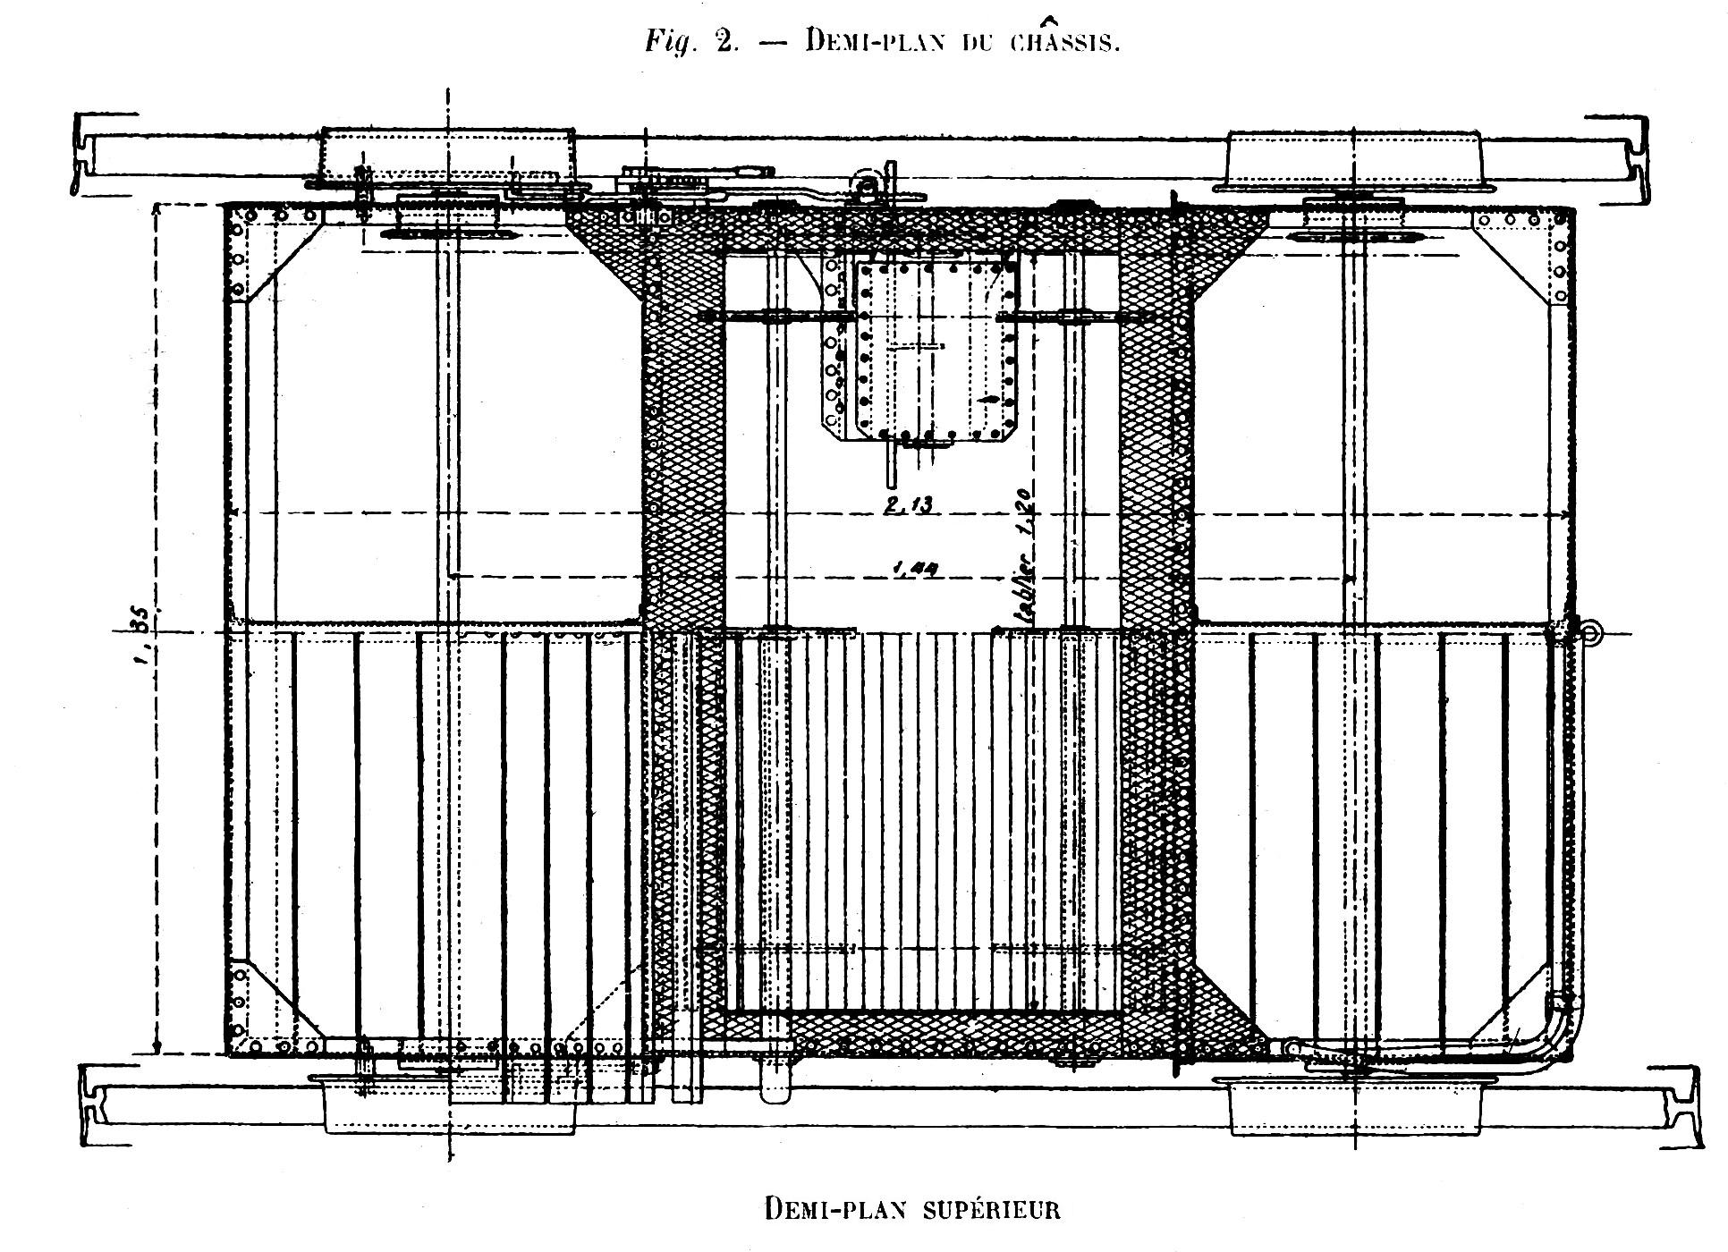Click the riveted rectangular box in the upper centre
pyautogui.click(x=936, y=351)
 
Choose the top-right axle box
pyautogui.click(x=1355, y=159)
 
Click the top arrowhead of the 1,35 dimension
pyautogui.click(x=157, y=210)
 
